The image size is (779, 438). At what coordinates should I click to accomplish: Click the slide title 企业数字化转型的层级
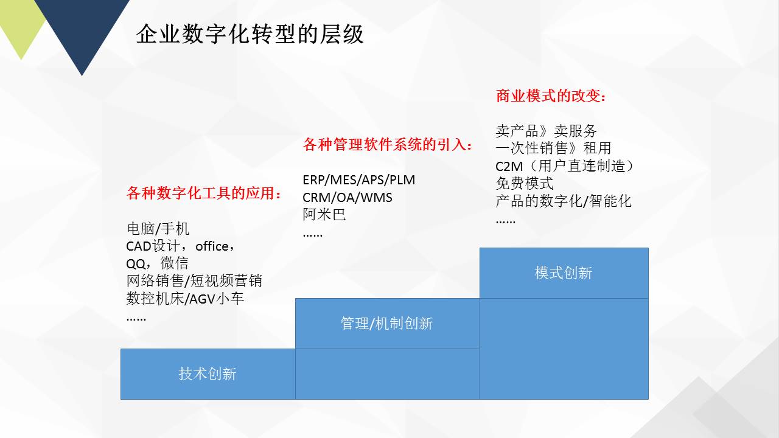[x=250, y=34]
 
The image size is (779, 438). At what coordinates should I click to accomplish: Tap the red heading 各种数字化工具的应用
[x=201, y=193]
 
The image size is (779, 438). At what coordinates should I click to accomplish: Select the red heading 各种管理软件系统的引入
[x=385, y=145]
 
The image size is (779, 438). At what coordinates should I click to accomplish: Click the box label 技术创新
[x=208, y=374]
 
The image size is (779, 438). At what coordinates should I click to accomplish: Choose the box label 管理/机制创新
[x=386, y=324]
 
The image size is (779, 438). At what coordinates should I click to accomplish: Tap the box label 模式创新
[x=564, y=273]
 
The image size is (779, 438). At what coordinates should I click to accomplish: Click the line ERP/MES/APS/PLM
[x=359, y=180]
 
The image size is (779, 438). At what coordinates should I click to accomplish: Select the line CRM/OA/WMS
[x=348, y=198]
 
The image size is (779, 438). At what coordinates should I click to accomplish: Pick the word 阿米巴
[x=324, y=215]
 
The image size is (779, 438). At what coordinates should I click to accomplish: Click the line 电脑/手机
[x=158, y=229]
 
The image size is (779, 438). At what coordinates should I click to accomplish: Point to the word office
[x=212, y=246]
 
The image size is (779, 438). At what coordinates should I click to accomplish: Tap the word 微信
[x=174, y=263]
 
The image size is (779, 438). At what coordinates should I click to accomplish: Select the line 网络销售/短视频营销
[x=194, y=281]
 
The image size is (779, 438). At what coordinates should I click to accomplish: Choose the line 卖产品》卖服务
[x=547, y=131]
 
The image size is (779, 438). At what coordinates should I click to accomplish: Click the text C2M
[x=509, y=167]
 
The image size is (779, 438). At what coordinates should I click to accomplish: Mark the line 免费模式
[x=525, y=184]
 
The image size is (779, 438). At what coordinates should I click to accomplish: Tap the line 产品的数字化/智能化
[x=564, y=201]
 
